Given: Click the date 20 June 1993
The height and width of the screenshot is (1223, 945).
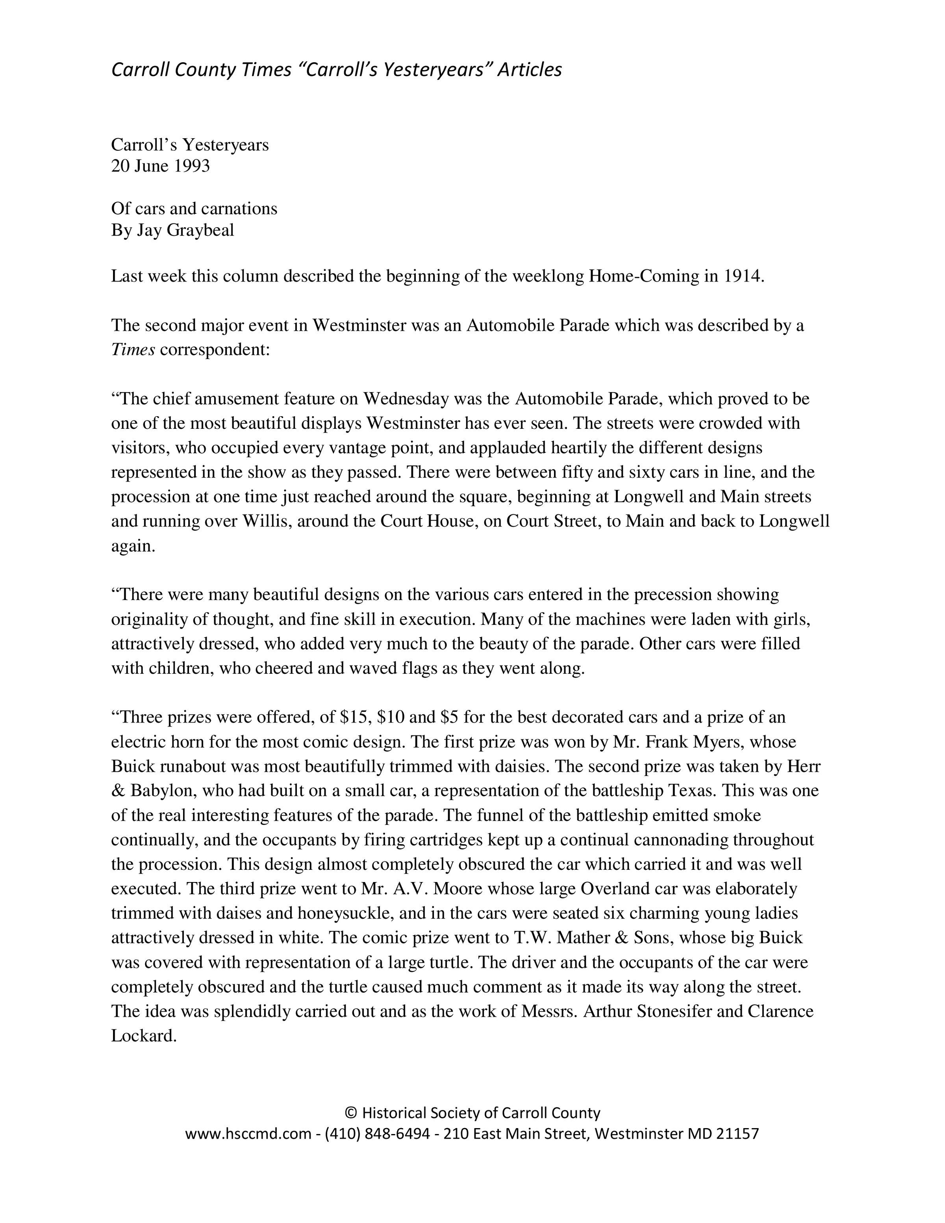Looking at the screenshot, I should tap(160, 166).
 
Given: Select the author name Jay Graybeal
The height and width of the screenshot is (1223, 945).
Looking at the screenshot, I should tap(185, 230).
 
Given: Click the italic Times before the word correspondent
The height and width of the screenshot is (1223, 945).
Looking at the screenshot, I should tap(133, 350).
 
